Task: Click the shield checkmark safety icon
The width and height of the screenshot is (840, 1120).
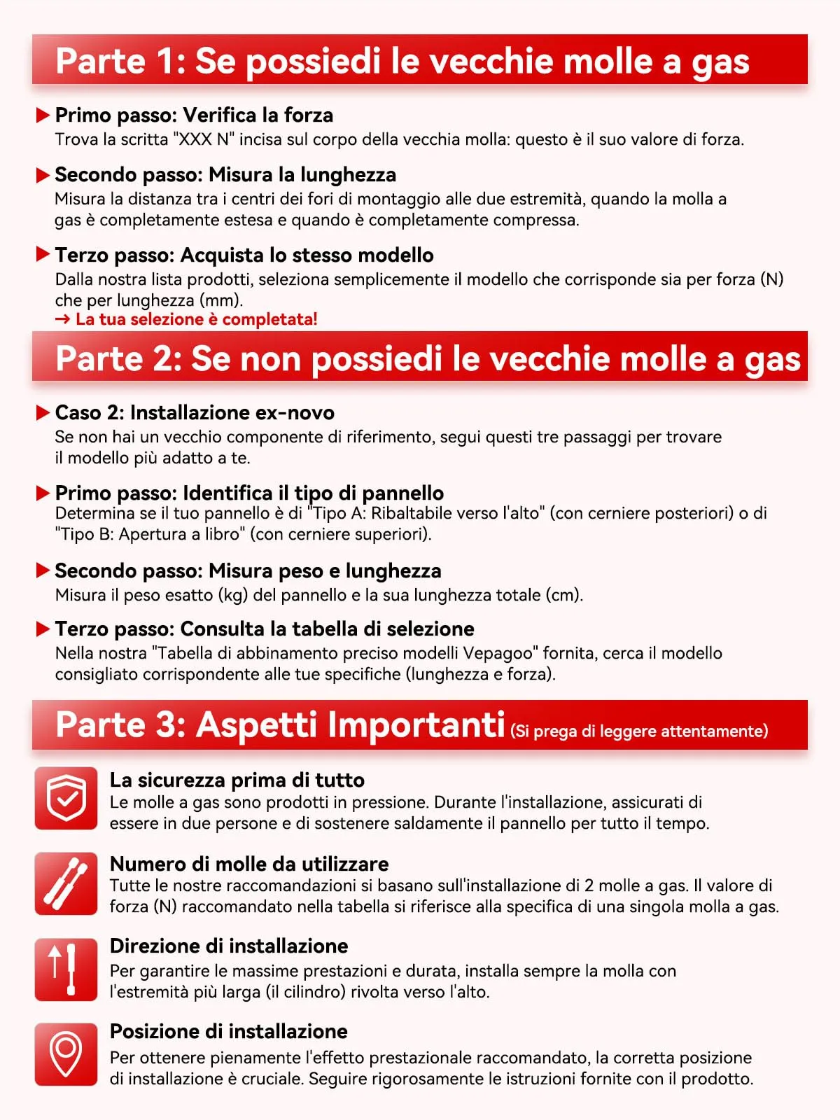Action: tap(66, 798)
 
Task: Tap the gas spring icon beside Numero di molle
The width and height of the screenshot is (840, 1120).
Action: tap(66, 883)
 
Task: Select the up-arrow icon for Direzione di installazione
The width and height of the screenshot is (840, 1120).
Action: tap(66, 969)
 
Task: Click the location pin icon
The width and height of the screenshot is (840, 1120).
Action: tap(66, 1054)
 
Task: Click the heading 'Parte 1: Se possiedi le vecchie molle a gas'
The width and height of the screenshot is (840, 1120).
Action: tap(402, 61)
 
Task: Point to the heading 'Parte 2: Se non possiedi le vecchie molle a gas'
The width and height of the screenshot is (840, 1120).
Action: tap(427, 358)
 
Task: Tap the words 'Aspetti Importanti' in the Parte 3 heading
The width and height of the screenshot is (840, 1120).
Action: tap(350, 724)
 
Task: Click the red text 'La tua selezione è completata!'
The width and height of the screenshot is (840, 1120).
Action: tap(196, 319)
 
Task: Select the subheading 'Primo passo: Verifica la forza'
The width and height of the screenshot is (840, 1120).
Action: tap(194, 115)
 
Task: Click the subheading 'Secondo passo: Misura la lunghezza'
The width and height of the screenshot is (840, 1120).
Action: tap(225, 174)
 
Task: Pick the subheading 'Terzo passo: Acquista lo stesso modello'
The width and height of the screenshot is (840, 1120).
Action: tap(244, 255)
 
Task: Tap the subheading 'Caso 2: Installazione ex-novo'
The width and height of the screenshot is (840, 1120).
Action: tap(195, 412)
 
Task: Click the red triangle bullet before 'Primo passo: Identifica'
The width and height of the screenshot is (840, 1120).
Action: tap(43, 493)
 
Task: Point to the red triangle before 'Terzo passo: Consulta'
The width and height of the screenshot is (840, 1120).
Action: tap(43, 629)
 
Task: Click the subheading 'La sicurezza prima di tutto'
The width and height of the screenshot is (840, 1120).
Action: tap(237, 780)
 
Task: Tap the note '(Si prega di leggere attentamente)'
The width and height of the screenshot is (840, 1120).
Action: tap(639, 731)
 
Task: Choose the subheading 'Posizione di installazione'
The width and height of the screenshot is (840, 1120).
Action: tap(228, 1031)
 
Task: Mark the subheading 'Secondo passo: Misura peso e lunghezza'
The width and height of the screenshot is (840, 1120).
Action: tap(248, 570)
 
